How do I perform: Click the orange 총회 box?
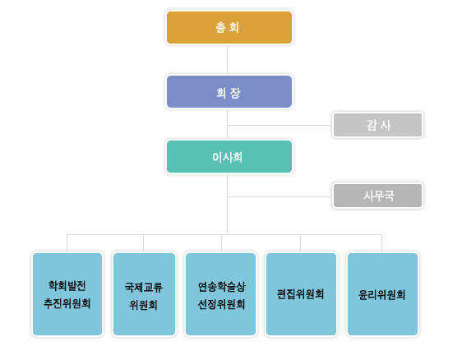pos(229,27)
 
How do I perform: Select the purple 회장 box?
pos(229,91)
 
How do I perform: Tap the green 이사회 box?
pos(229,156)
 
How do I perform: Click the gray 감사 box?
pos(377,125)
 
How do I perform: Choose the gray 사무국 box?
pos(377,196)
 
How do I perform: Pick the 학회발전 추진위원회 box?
pos(67,294)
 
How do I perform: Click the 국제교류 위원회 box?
pos(144,294)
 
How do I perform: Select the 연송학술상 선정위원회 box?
pos(220,294)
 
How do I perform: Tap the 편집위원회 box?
pos(301,294)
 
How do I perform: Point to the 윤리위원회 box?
pos(382,294)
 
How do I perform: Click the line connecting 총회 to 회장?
pos(227,59)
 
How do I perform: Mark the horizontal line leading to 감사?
pos(280,125)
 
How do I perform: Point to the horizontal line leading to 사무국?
pos(280,196)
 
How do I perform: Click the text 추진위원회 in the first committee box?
pos(67,303)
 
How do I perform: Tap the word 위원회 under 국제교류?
pos(144,305)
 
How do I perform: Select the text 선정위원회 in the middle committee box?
pos(221,304)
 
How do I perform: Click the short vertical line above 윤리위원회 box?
pos(382,242)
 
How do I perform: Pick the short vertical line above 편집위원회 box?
pos(301,242)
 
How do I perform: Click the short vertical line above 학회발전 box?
pos(67,242)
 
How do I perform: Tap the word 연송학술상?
pos(222,287)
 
